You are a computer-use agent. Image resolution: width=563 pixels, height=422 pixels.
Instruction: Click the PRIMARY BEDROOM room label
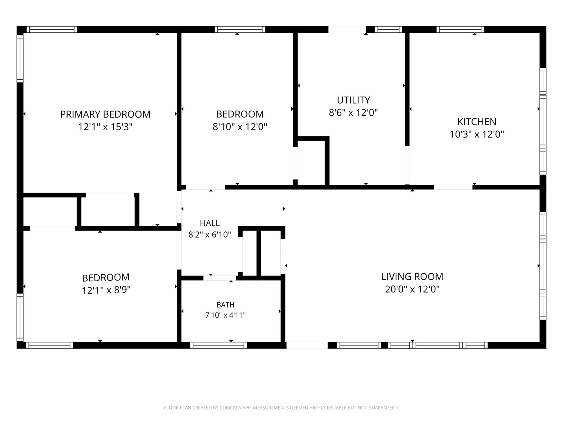click(x=105, y=114)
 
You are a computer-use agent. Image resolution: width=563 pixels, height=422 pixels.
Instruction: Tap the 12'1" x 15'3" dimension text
click(x=105, y=127)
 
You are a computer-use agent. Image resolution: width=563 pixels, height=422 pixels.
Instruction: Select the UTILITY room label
click(x=353, y=100)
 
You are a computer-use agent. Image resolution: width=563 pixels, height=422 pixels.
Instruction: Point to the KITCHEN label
click(x=477, y=122)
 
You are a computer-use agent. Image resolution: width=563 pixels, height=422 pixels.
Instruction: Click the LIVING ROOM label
click(x=412, y=277)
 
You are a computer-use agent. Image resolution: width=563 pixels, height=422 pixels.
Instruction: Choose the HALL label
click(x=210, y=223)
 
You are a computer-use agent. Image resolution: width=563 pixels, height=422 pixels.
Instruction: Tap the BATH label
click(x=225, y=305)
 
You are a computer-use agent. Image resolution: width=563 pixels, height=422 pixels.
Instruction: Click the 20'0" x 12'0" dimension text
click(x=412, y=289)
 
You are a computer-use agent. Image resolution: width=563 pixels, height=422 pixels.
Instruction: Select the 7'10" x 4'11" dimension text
click(x=225, y=315)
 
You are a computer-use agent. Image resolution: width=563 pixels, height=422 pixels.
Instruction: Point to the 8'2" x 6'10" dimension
click(x=210, y=234)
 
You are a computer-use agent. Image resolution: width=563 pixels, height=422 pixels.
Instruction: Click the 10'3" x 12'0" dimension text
click(x=477, y=134)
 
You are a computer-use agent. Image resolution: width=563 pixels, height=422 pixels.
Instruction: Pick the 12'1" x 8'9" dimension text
click(x=106, y=290)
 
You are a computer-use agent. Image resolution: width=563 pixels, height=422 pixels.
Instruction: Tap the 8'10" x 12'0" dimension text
click(x=240, y=127)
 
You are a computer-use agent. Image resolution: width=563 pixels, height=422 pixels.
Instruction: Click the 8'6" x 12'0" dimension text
click(x=353, y=113)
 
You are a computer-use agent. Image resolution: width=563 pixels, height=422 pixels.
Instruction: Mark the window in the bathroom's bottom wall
click(x=218, y=345)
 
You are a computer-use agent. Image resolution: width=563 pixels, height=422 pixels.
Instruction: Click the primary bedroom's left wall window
click(x=20, y=59)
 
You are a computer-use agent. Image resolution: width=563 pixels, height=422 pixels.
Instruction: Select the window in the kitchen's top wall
click(x=460, y=29)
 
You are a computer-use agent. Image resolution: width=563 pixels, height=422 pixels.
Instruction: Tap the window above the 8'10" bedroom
click(x=240, y=29)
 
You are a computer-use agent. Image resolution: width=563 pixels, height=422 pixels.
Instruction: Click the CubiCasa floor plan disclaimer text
click(x=281, y=408)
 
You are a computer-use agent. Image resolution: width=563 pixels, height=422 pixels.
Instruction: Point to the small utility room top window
click(x=388, y=29)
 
